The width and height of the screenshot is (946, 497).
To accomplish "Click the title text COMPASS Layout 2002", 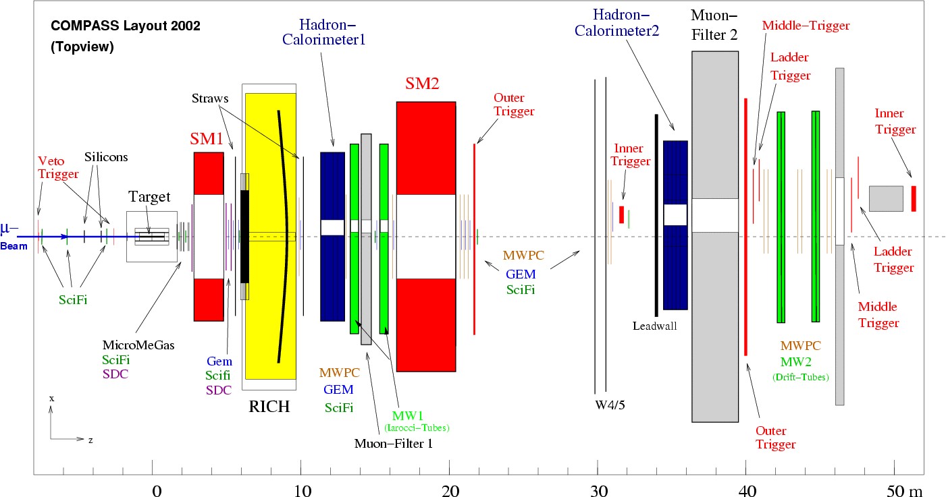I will pyautogui.click(x=126, y=27).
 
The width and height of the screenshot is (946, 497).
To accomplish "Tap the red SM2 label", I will pyautogui.click(x=422, y=84).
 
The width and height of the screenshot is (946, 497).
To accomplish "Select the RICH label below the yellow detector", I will pyautogui.click(x=269, y=407).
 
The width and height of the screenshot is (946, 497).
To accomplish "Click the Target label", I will pyautogui.click(x=149, y=197).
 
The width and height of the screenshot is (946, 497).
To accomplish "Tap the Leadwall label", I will pyautogui.click(x=654, y=326).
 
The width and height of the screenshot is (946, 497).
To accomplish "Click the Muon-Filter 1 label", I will pyautogui.click(x=393, y=444).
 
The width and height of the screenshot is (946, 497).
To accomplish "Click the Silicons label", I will pyautogui.click(x=105, y=157).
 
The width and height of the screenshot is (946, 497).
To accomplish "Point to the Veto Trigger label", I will pyautogui.click(x=58, y=168).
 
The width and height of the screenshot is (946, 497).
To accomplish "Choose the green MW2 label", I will pyautogui.click(x=800, y=363).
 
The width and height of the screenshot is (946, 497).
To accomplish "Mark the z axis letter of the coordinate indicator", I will pyautogui.click(x=90, y=440).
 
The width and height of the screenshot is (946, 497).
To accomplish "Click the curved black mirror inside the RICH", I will pyautogui.click(x=286, y=236).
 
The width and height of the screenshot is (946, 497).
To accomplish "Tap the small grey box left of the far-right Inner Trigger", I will pyautogui.click(x=886, y=198).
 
